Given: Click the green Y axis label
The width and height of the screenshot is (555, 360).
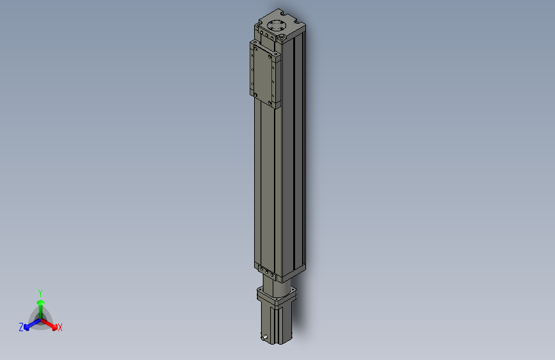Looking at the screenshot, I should point(40,292).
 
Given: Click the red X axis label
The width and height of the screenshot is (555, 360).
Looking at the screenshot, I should point(60,328).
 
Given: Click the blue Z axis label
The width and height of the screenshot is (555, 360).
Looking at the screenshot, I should point(20,327).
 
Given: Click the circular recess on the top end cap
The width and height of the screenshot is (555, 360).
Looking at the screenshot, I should point(277,26).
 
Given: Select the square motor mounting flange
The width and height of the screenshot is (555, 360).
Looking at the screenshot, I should point(277,296).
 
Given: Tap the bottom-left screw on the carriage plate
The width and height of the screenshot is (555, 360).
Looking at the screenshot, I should point(255,95).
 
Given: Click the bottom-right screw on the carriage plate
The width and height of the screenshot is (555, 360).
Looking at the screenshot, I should point(274,102).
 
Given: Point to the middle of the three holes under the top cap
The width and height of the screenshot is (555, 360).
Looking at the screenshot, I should point(266,35).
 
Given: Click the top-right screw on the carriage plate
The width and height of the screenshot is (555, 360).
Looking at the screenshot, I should point(274,56).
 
